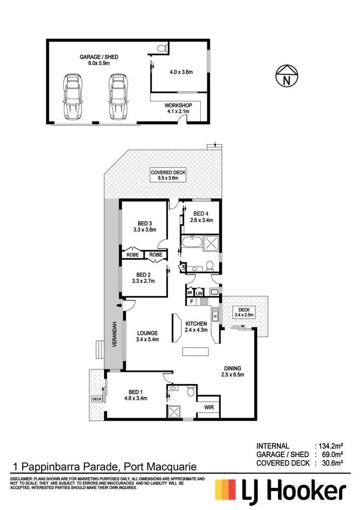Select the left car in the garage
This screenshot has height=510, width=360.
click(72, 96)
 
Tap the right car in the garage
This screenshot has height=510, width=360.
click(117, 96)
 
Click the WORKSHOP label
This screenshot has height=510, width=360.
click(178, 105)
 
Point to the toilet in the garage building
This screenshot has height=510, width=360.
click(162, 47)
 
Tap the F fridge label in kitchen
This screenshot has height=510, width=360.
click(192, 302)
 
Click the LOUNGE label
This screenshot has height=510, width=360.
click(147, 333)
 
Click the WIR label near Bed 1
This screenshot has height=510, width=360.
click(210, 408)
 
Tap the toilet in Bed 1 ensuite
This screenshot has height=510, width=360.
click(191, 391)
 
